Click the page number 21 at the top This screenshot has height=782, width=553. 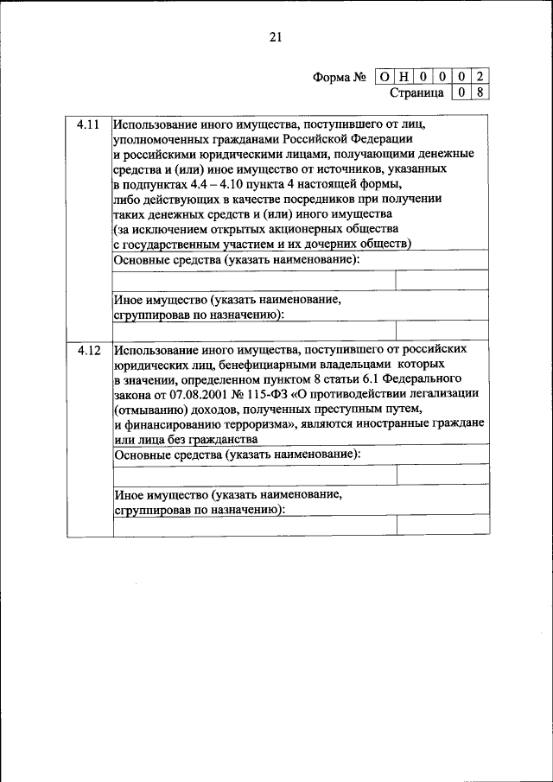click(x=276, y=36)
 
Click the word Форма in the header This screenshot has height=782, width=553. click(x=332, y=77)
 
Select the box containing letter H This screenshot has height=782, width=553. click(x=404, y=77)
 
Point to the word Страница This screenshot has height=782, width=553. click(x=416, y=92)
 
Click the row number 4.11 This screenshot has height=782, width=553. click(x=88, y=125)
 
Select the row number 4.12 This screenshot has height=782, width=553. click(x=88, y=350)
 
